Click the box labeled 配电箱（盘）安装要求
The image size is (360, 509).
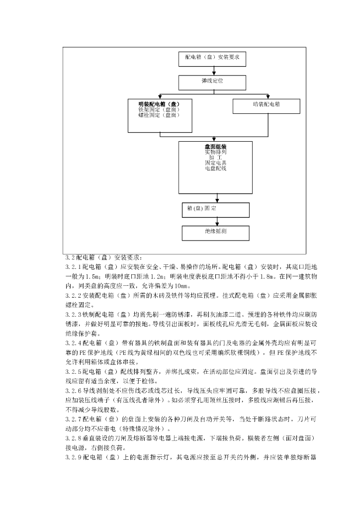coord(212,58)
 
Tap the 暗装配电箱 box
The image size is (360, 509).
coord(267,105)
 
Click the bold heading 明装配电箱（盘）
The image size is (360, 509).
coord(159,104)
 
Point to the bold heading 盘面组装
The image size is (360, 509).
coord(215,147)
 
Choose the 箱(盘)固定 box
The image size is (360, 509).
coord(215,209)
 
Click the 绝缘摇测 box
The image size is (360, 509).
coord(215,232)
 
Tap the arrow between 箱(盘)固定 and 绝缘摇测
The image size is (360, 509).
coord(216,221)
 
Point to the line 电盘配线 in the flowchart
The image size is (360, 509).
coord(215,169)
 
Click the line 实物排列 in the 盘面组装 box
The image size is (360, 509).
coord(215,153)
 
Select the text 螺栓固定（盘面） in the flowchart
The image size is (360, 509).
coord(159,115)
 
